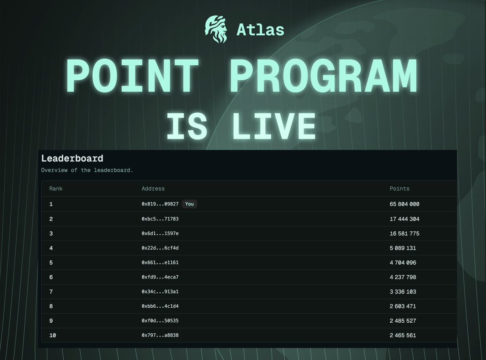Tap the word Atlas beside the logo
click(260, 30)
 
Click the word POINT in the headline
click(132, 75)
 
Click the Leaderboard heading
click(72, 159)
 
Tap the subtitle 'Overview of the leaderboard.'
click(87, 170)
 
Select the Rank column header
click(56, 189)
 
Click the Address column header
click(153, 189)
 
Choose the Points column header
click(399, 189)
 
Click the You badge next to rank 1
click(189, 204)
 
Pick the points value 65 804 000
click(404, 204)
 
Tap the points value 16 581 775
click(404, 234)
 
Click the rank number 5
click(51, 263)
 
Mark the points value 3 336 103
click(403, 292)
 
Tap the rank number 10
click(52, 335)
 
